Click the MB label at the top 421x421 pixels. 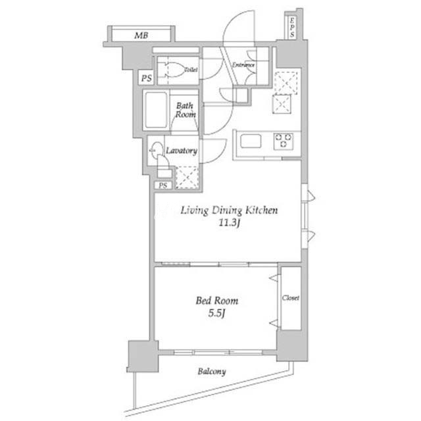[x=141, y=35]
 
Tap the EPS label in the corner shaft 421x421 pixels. [x=292, y=27]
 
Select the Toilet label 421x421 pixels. [x=191, y=70]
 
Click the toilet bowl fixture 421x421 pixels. [x=174, y=70]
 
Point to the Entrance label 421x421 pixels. [x=243, y=65]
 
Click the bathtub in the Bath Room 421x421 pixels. [x=156, y=110]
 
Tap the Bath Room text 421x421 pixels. [x=186, y=110]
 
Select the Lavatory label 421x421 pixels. [x=182, y=151]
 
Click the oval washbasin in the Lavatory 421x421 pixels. [x=157, y=151]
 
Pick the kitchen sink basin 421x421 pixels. [x=251, y=141]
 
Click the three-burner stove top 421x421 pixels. [x=284, y=141]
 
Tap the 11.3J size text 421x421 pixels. [x=229, y=223]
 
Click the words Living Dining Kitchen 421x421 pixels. [x=229, y=210]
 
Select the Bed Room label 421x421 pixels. [x=217, y=301]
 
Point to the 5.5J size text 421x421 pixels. [x=216, y=313]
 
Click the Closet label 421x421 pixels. [x=291, y=298]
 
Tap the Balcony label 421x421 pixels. [x=212, y=372]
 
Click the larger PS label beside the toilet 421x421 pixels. [x=147, y=78]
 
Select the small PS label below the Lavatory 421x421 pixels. [x=162, y=186]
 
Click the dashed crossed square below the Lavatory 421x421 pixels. [x=187, y=177]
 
